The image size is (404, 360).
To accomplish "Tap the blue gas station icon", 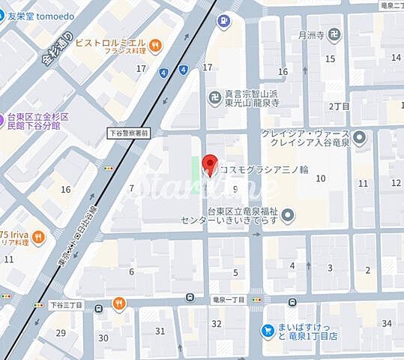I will point(222,21).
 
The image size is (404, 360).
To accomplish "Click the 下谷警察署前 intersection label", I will point(128,133).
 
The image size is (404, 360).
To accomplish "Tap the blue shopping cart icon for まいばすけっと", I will point(267,330).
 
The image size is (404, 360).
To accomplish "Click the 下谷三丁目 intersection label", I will point(66,305).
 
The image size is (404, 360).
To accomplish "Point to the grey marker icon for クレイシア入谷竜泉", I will point(359,138).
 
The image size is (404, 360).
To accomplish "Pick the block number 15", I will point(330,58).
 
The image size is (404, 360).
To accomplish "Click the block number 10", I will point(321,178).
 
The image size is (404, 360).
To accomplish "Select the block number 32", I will point(217,323).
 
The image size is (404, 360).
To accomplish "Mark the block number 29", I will point(61,332).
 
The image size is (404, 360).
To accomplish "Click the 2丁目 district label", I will point(340,106).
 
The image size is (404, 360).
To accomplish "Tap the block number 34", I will point(387,323).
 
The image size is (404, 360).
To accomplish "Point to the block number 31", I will point(160,331).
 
